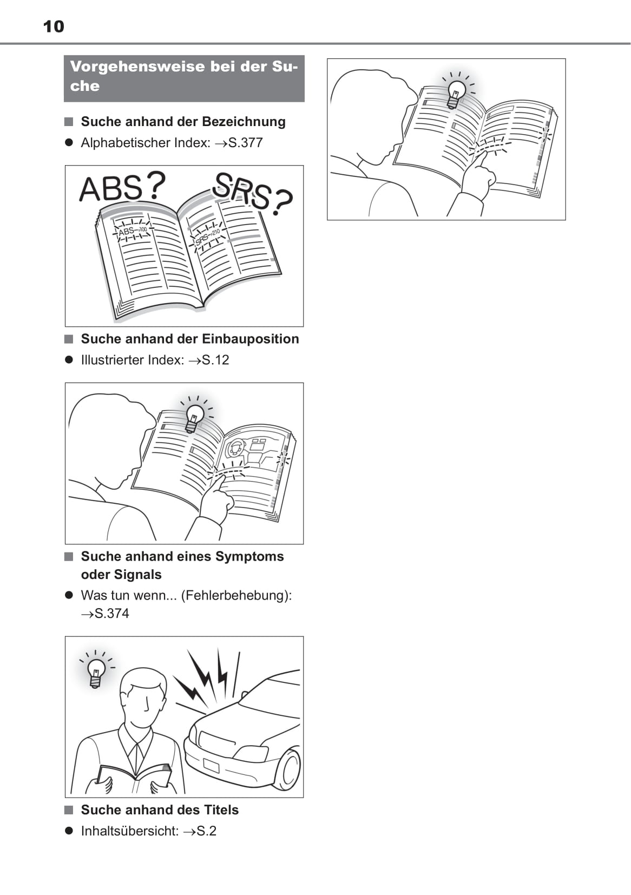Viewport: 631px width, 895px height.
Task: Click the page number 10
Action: pyautogui.click(x=54, y=27)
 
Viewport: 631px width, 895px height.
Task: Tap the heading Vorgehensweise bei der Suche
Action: pyautogui.click(x=184, y=76)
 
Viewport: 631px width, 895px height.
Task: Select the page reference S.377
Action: pyautogui.click(x=245, y=143)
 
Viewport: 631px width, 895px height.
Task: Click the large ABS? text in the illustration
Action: pyautogui.click(x=122, y=187)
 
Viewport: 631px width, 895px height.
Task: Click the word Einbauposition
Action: pyautogui.click(x=250, y=339)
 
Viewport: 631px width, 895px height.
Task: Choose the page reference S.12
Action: pyautogui.click(x=215, y=360)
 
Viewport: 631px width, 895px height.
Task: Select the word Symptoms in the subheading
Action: pyautogui.click(x=249, y=557)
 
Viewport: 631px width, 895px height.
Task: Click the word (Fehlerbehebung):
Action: pyautogui.click(x=236, y=595)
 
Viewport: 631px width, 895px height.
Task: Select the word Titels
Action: pyautogui.click(x=221, y=810)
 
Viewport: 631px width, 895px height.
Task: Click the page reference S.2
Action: pyautogui.click(x=207, y=831)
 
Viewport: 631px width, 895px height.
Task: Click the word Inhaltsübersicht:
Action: pyautogui.click(x=130, y=831)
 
